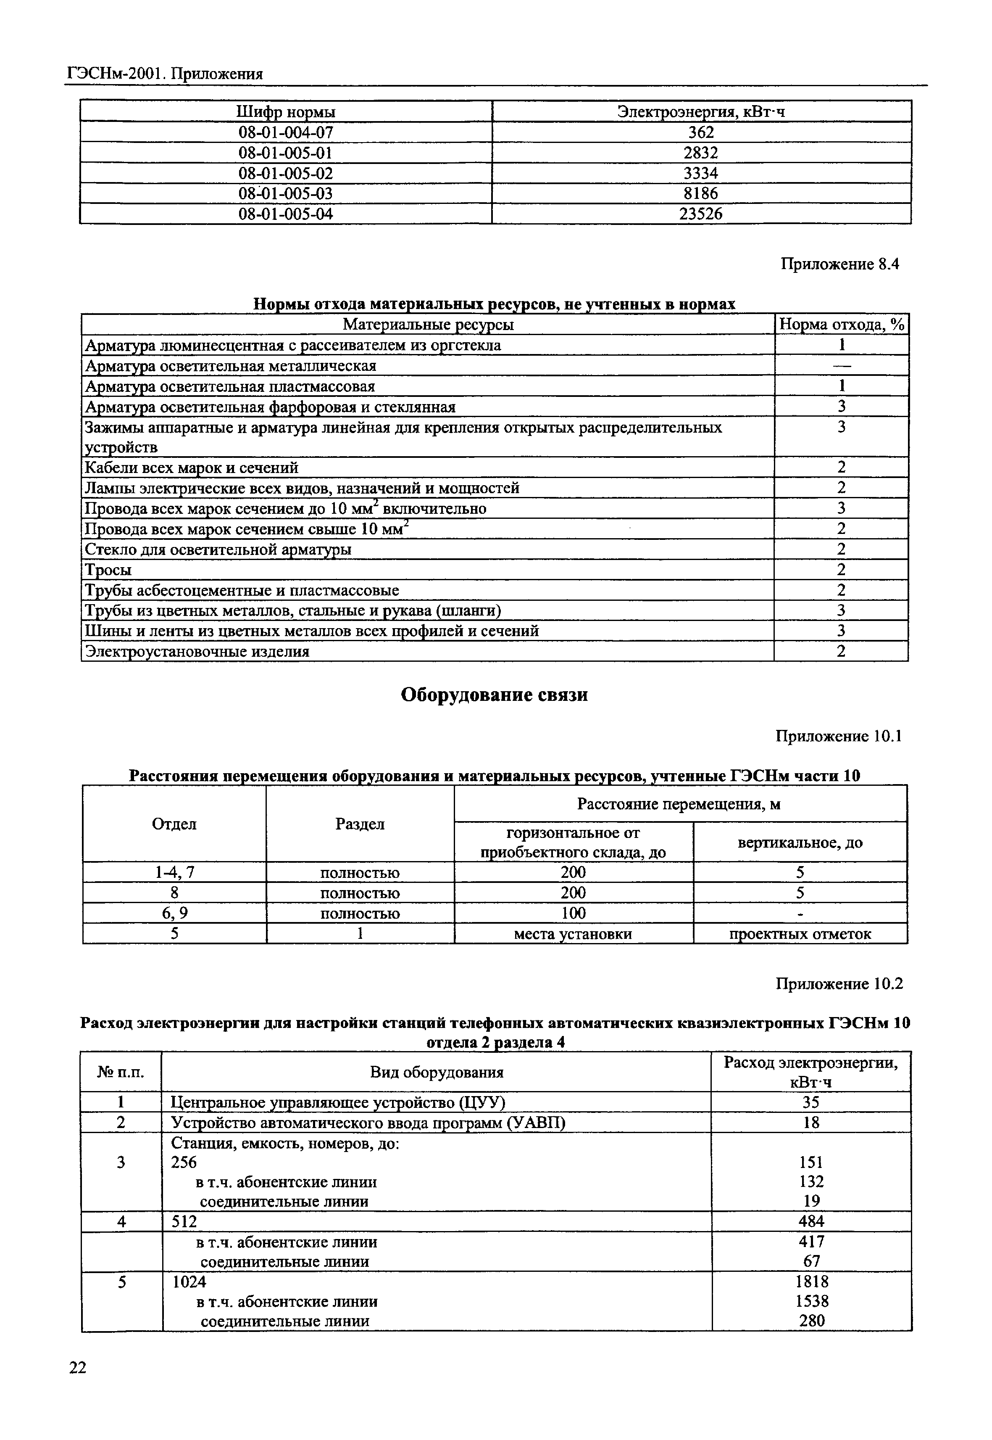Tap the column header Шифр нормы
(286, 112)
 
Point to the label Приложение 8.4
(840, 264)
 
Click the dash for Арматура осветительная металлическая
(841, 366)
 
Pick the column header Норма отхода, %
(841, 325)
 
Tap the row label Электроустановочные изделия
(197, 652)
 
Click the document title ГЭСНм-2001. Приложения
(165, 74)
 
